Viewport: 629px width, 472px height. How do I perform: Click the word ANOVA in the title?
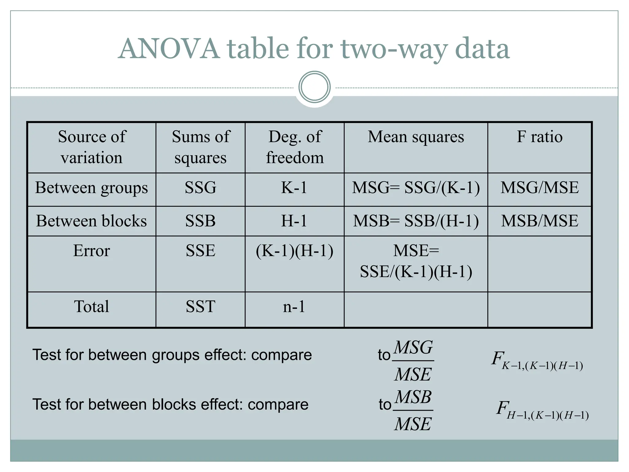click(x=169, y=49)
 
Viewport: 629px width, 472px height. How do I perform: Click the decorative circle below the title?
click(x=314, y=87)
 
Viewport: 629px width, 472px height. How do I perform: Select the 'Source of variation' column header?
click(x=92, y=147)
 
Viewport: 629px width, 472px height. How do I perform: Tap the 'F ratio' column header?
click(x=539, y=137)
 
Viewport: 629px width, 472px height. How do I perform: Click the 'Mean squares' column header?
click(x=416, y=137)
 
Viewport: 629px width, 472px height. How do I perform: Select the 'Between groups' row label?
click(x=92, y=188)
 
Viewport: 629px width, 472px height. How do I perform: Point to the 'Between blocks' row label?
click(x=92, y=221)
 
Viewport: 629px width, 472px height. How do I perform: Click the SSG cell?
click(x=200, y=188)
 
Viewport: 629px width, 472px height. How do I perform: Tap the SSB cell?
click(x=200, y=221)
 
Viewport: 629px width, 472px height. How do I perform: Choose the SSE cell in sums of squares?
click(x=200, y=251)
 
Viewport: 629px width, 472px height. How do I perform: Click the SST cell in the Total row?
click(x=200, y=307)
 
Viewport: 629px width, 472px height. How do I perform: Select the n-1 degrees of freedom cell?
click(x=294, y=307)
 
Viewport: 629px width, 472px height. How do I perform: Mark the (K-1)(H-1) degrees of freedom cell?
click(x=294, y=251)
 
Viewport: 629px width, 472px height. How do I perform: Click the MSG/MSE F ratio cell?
click(x=539, y=188)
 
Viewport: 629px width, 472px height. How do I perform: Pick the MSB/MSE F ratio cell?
click(x=539, y=221)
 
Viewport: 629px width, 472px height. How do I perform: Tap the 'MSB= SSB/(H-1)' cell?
click(x=416, y=221)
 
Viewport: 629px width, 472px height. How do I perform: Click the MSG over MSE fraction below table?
click(x=413, y=361)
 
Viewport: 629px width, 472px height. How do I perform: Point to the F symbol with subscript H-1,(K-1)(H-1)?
click(x=542, y=410)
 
